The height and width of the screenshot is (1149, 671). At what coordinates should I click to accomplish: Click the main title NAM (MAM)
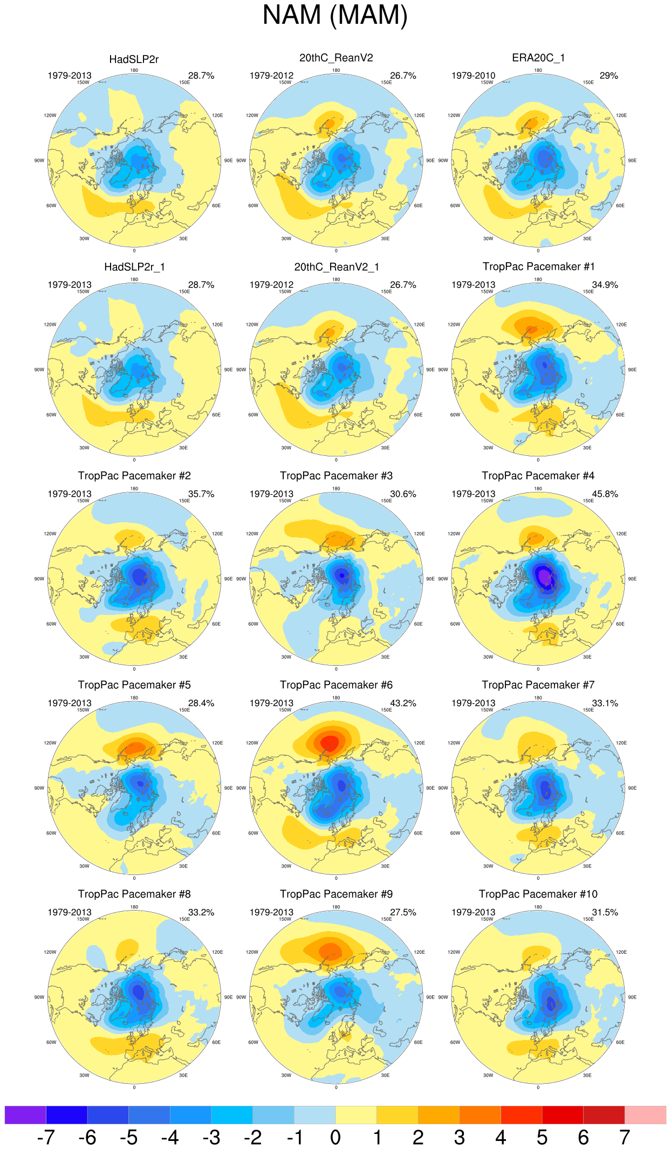[x=335, y=15]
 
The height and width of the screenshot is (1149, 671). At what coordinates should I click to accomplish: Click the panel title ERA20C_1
[x=538, y=58]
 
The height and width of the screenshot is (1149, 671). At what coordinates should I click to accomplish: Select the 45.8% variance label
[x=605, y=494]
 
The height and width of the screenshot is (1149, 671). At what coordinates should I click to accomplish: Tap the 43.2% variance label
[x=403, y=703]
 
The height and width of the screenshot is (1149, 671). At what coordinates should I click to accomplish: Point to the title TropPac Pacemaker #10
[x=538, y=894]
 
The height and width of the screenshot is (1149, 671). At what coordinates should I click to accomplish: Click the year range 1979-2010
[x=473, y=76]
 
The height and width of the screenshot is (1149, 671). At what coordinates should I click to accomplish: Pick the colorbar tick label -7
[x=46, y=1137]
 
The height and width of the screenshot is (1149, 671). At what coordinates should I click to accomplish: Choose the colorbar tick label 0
[x=335, y=1137]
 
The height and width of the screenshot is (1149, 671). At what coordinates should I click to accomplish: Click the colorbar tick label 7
[x=625, y=1137]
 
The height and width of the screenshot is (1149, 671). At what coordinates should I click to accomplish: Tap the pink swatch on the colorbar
[x=645, y=1114]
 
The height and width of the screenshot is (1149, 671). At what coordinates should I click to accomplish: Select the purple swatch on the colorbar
[x=25, y=1114]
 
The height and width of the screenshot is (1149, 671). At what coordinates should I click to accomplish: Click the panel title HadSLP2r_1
[x=134, y=267]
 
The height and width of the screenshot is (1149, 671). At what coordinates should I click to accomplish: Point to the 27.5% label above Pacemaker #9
[x=403, y=912]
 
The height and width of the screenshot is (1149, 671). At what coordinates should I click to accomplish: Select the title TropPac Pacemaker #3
[x=336, y=476]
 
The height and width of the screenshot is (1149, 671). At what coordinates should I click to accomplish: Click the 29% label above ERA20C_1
[x=608, y=76]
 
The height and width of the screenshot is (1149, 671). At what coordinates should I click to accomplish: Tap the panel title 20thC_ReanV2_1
[x=336, y=267]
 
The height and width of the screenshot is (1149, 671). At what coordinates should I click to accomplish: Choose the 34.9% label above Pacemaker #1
[x=605, y=284]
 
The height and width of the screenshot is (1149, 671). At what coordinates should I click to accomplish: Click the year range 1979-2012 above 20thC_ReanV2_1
[x=271, y=284]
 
